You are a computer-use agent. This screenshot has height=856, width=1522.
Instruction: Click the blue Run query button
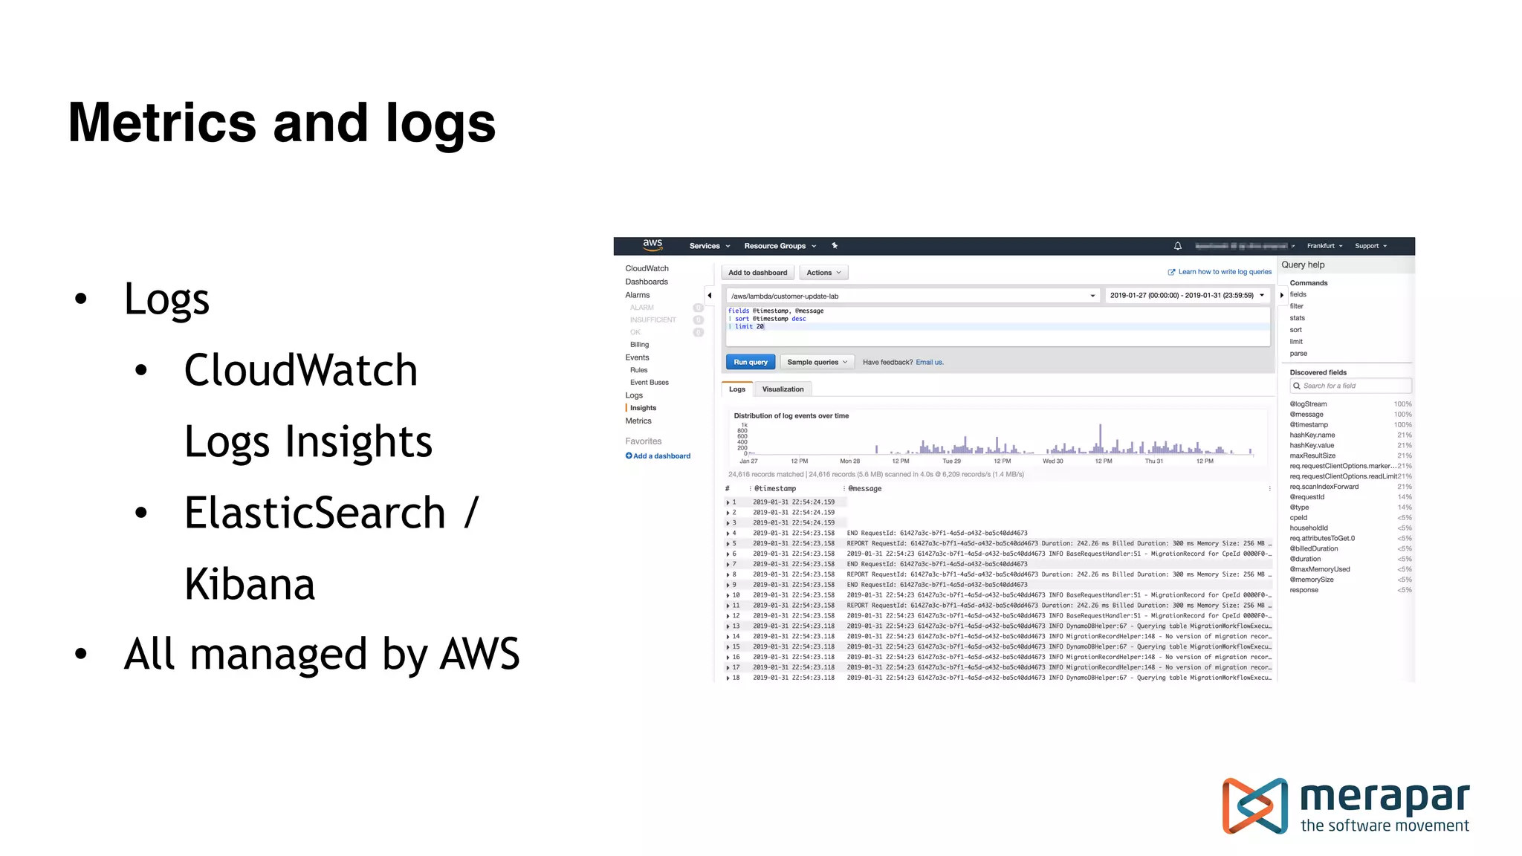pyautogui.click(x=751, y=362)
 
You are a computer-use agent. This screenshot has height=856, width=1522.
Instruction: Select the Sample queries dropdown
pyautogui.click(x=817, y=362)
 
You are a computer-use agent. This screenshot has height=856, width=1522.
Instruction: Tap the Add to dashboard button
pyautogui.click(x=757, y=273)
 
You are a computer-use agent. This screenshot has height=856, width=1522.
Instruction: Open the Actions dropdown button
pyautogui.click(x=823, y=273)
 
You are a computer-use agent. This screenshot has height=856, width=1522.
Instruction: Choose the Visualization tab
pyautogui.click(x=783, y=389)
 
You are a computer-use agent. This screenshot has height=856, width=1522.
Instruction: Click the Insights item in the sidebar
pyautogui.click(x=643, y=408)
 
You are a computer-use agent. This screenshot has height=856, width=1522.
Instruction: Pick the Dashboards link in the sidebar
pyautogui.click(x=647, y=282)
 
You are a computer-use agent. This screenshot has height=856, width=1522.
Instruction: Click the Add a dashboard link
pyautogui.click(x=658, y=456)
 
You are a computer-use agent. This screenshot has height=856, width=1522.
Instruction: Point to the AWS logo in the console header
pyautogui.click(x=652, y=244)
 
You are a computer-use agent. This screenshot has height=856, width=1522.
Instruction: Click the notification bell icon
pyautogui.click(x=1178, y=246)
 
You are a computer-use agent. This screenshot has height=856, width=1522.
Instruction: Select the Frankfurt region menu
pyautogui.click(x=1324, y=246)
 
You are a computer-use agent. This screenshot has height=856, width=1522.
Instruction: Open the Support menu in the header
pyautogui.click(x=1370, y=246)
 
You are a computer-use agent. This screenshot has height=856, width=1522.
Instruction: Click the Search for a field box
pyautogui.click(x=1350, y=386)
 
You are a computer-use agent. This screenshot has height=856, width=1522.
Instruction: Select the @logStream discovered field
pyautogui.click(x=1308, y=404)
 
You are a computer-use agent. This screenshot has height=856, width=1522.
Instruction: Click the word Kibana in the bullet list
pyautogui.click(x=250, y=584)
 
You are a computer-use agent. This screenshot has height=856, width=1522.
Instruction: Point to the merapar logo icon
pyautogui.click(x=1255, y=805)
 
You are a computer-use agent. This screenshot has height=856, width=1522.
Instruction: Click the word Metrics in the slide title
pyautogui.click(x=162, y=123)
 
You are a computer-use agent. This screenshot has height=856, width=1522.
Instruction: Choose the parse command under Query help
pyautogui.click(x=1298, y=354)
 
